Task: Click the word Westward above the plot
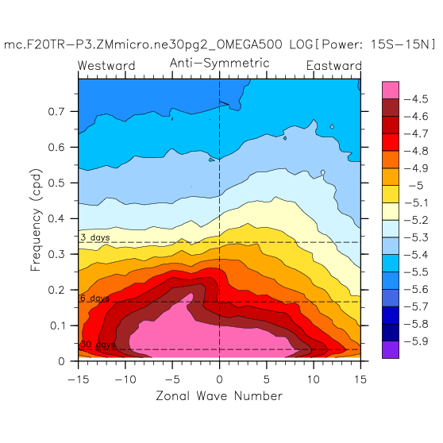pyautogui.click(x=106, y=66)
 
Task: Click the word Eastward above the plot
pyautogui.click(x=334, y=66)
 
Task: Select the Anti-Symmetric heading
pyautogui.click(x=220, y=63)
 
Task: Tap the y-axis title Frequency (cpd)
pyautogui.click(x=36, y=220)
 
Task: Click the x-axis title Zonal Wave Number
pyautogui.click(x=219, y=396)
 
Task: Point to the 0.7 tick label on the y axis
pyautogui.click(x=57, y=112)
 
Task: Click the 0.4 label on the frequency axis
pyautogui.click(x=57, y=218)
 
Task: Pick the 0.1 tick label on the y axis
pyautogui.click(x=58, y=326)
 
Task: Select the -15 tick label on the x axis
pyautogui.click(x=79, y=379)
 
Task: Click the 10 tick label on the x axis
pyautogui.click(x=314, y=379)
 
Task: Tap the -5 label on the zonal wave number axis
pyautogui.click(x=172, y=379)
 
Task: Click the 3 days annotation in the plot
pyautogui.click(x=95, y=237)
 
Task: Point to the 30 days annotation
pyautogui.click(x=98, y=345)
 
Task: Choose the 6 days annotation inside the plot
pyautogui.click(x=95, y=298)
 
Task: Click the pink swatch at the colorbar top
pyautogui.click(x=391, y=91)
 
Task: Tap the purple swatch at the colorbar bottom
pyautogui.click(x=391, y=350)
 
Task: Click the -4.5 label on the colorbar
pyautogui.click(x=416, y=99)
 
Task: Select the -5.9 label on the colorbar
pyautogui.click(x=416, y=341)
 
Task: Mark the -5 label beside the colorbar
pyautogui.click(x=416, y=186)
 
